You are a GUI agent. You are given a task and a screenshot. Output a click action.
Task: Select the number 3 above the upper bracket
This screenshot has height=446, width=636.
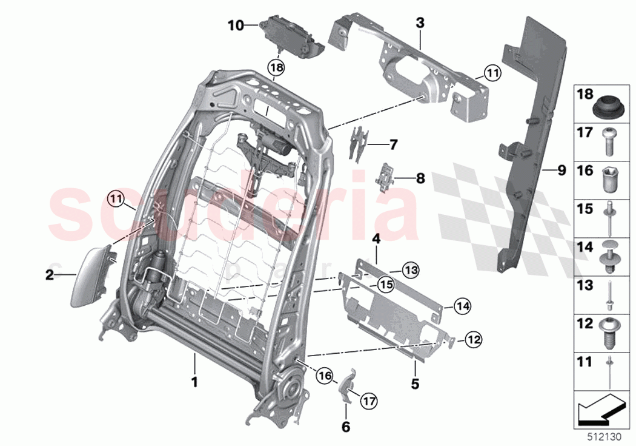tap(420, 23)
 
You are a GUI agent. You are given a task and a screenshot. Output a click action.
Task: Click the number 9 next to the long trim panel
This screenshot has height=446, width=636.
tap(561, 171)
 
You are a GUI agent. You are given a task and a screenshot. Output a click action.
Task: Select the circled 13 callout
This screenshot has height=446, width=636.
tap(411, 269)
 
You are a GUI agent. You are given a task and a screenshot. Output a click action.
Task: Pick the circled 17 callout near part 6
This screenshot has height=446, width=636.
tap(368, 400)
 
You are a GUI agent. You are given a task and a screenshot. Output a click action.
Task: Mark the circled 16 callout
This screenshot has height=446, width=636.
tap(325, 377)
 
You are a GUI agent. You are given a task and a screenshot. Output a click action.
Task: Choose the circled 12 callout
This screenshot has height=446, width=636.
tap(474, 342)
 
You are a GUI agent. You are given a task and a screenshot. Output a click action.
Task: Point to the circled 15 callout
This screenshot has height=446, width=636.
tap(385, 283)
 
